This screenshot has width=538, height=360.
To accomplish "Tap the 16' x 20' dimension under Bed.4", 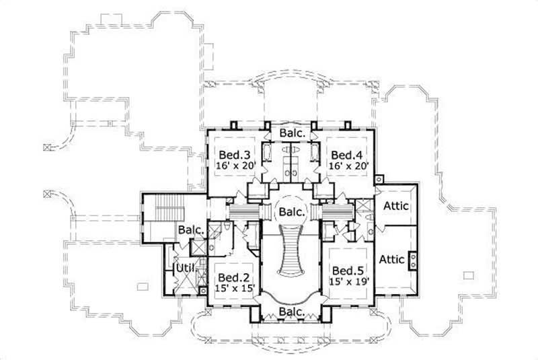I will (x=346, y=166).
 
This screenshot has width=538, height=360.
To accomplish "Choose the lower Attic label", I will (x=392, y=258).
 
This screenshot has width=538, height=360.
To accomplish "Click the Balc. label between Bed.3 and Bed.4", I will (x=293, y=133).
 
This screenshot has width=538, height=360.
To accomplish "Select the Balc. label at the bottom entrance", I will (x=293, y=313).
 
